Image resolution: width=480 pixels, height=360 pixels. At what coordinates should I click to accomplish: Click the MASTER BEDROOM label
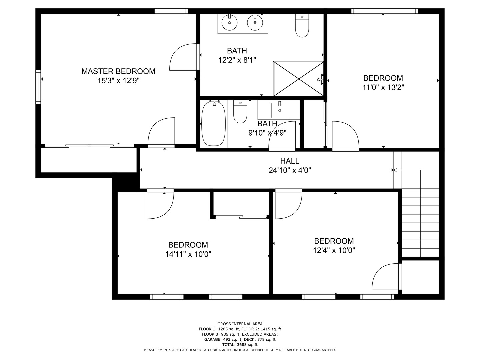click(118, 71)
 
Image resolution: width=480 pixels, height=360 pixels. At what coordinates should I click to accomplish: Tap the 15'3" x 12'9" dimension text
click(118, 81)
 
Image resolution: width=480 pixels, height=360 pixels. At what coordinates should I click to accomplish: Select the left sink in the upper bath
click(229, 22)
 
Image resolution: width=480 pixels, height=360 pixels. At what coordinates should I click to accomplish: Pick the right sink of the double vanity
click(255, 22)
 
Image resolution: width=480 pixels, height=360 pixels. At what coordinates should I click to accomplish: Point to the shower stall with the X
click(298, 79)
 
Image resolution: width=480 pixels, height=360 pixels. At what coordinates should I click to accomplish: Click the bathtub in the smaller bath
click(213, 124)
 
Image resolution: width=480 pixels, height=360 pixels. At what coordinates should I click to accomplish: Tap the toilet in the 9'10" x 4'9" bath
click(240, 112)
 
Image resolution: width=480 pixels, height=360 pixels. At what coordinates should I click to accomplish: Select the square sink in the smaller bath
click(279, 110)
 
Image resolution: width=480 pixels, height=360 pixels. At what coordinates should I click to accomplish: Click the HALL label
click(290, 161)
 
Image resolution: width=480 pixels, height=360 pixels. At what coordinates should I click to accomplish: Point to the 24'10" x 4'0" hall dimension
click(290, 171)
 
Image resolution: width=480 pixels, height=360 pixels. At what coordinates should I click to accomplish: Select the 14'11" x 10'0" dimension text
click(188, 254)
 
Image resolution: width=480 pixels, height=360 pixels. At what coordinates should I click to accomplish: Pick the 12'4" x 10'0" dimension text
click(334, 250)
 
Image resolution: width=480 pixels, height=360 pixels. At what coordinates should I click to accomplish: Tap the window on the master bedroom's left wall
click(38, 87)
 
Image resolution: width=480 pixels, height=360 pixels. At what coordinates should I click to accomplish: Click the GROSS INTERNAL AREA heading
click(240, 324)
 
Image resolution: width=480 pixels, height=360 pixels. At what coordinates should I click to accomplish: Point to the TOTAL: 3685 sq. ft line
click(240, 345)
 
